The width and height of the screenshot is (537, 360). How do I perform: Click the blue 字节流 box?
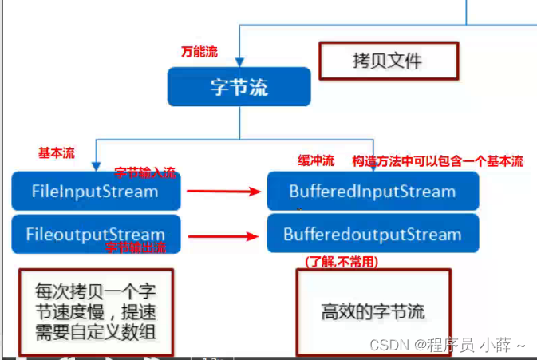point(238,87)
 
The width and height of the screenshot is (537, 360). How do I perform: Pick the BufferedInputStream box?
point(373,192)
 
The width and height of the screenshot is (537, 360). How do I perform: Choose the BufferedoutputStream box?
point(373,235)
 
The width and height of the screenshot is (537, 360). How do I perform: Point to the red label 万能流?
point(199,53)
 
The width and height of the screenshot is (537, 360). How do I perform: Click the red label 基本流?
point(57,153)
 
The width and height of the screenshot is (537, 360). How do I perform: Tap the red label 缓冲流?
point(315,160)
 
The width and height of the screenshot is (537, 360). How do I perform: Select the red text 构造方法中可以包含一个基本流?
point(438,160)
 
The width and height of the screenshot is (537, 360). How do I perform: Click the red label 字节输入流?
point(145,172)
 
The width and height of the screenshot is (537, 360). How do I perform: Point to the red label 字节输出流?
point(136,247)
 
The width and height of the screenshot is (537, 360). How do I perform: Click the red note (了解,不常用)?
point(342,262)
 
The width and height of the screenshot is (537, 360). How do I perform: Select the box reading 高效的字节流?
point(373,311)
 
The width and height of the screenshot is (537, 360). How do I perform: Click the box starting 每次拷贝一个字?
point(96,311)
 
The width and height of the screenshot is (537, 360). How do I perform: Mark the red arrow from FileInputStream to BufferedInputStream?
point(225,192)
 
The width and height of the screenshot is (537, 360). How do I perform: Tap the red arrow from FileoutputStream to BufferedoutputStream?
point(225,235)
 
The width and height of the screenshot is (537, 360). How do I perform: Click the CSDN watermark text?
point(447,345)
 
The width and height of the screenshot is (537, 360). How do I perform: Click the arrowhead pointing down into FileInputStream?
point(95,165)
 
